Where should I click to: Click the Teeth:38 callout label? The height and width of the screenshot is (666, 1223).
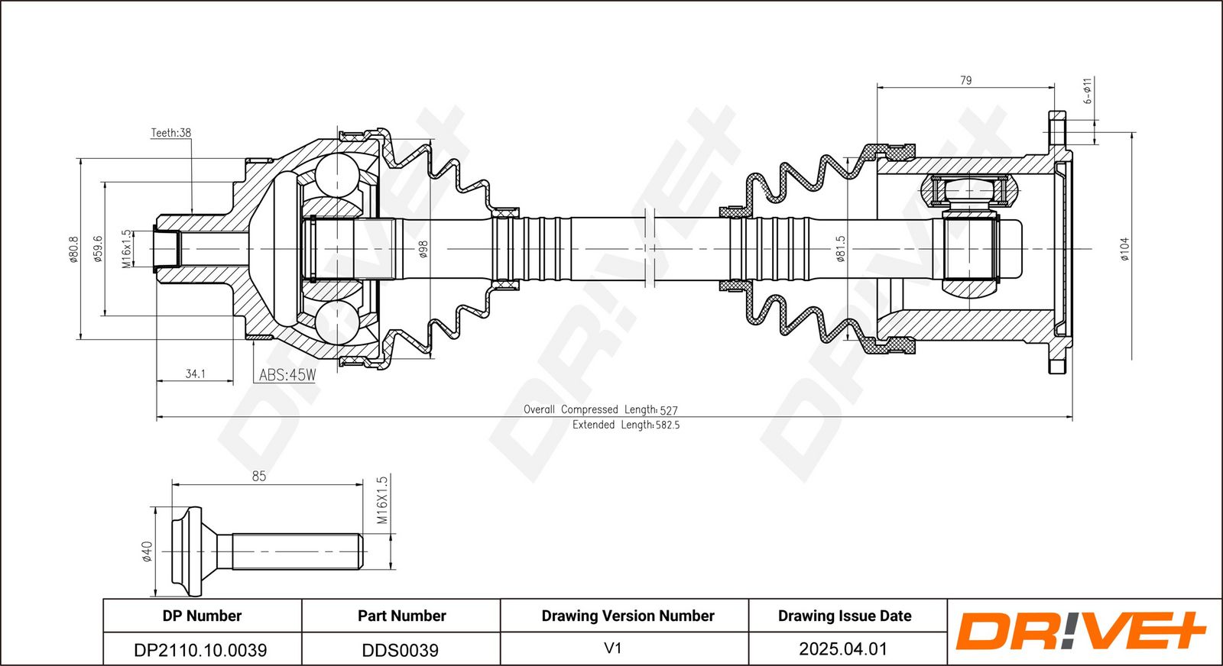pos(171,133)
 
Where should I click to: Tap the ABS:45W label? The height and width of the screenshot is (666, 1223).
pos(287,375)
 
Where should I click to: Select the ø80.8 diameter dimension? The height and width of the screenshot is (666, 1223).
pos(73,249)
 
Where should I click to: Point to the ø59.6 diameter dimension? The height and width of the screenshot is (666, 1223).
pos(98,249)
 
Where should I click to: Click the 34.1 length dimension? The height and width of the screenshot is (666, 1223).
pos(195,373)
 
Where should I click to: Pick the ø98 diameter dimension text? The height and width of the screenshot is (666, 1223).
pos(423,249)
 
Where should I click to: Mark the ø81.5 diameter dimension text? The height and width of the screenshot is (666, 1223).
pos(840,249)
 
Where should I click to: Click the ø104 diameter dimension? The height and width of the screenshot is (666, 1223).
pos(1124,249)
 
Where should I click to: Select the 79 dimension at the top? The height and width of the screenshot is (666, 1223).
pos(965,80)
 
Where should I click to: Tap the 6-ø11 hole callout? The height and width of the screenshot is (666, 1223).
pos(1087,91)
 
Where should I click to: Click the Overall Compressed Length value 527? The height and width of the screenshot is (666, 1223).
pos(669,410)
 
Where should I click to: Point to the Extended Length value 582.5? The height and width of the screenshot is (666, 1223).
pos(667,425)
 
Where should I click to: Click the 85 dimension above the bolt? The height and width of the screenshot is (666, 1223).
pos(259,476)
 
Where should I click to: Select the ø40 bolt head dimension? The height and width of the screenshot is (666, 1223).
pos(147,551)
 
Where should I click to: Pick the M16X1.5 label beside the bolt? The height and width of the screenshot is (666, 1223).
pos(382,500)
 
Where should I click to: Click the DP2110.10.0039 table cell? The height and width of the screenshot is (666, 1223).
pos(200,650)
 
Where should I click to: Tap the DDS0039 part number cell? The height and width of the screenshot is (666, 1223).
pos(401,650)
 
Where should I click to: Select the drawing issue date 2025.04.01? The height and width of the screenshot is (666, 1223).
pos(842,648)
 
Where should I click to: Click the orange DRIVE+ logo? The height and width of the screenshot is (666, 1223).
pos(1080,632)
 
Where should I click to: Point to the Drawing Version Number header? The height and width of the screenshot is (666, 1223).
pos(628,616)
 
